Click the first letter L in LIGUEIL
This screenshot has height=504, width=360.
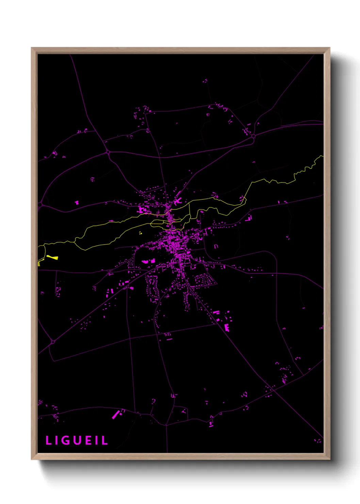[x=49, y=440]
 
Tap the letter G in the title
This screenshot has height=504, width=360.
[x=66, y=440]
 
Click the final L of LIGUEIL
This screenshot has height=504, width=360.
[x=105, y=440]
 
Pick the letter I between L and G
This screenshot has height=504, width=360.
[x=57, y=440]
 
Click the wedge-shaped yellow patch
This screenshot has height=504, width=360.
[x=52, y=257]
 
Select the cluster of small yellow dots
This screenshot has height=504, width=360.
[x=140, y=233]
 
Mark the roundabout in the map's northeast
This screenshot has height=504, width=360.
[x=253, y=136]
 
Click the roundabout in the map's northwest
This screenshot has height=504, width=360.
[x=108, y=152]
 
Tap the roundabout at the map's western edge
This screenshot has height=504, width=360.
[x=40, y=204]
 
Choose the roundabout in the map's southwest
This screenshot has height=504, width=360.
[x=53, y=342]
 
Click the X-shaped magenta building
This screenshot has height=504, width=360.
[x=177, y=201]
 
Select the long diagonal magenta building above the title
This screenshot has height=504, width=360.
[x=116, y=414]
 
